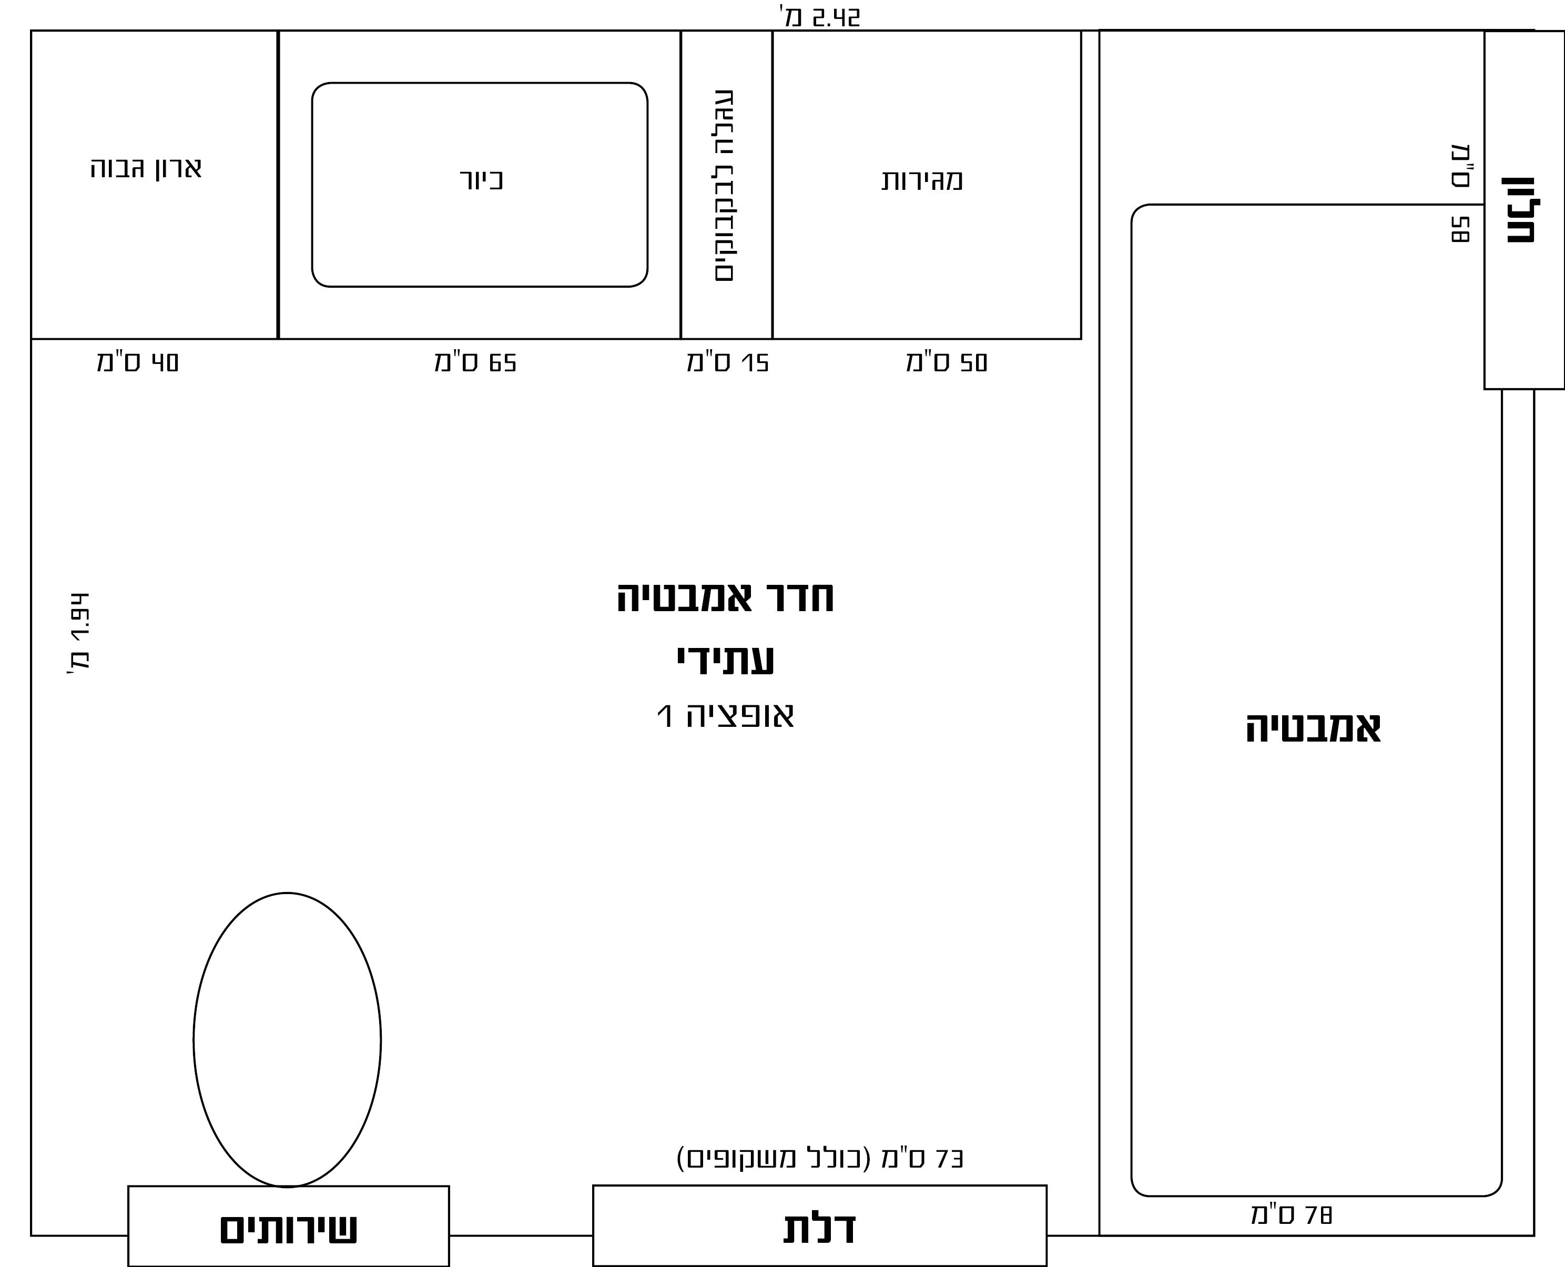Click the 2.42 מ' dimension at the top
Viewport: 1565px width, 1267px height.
click(x=820, y=17)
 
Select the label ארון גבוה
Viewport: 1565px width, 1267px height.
click(x=146, y=168)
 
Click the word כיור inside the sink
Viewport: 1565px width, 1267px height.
click(x=482, y=179)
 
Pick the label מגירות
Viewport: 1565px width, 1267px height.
click(x=922, y=179)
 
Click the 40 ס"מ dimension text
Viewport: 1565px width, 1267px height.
click(x=138, y=362)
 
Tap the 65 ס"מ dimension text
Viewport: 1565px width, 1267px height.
click(x=476, y=362)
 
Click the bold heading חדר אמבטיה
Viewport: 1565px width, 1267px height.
click(x=725, y=597)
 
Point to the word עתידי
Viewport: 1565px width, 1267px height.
click(x=725, y=660)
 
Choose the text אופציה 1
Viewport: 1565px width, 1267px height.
click(x=725, y=715)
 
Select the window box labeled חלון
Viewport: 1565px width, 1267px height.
click(x=1524, y=210)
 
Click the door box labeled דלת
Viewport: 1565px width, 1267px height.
click(x=820, y=1225)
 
